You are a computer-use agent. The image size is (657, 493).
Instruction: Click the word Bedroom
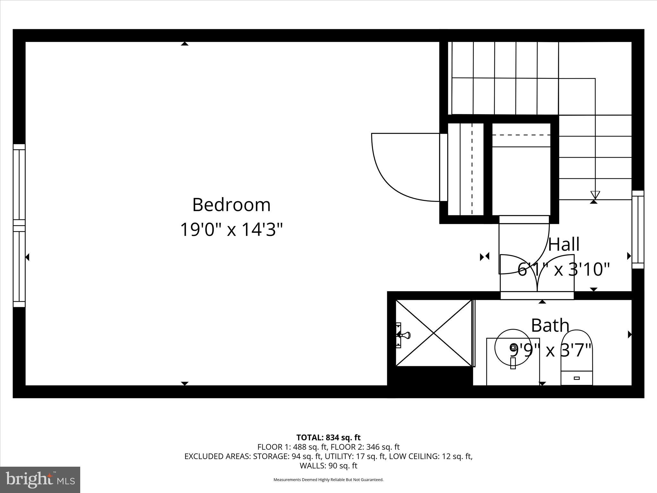pos(231,205)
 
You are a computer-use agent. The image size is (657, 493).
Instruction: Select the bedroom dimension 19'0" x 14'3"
pos(231,230)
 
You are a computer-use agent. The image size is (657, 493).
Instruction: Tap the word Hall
pos(564,245)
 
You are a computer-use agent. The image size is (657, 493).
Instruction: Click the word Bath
pos(550,325)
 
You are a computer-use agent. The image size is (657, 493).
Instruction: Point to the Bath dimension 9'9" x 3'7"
pos(550,350)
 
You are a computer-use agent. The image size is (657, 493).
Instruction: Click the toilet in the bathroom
pos(576,358)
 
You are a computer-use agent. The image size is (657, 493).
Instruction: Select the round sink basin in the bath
pos(513,347)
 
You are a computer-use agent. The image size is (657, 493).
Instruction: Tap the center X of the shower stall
pos(434,333)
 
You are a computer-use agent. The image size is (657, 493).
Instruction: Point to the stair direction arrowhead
pos(595,195)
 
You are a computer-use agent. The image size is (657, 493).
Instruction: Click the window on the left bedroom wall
pos(19,226)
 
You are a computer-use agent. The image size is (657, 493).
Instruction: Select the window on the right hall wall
pos(638,229)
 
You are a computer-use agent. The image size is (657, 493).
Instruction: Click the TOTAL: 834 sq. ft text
pos(328,437)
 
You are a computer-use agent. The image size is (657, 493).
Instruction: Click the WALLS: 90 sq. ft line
pos(328,466)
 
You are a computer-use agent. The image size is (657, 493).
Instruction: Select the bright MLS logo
pos(40,480)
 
